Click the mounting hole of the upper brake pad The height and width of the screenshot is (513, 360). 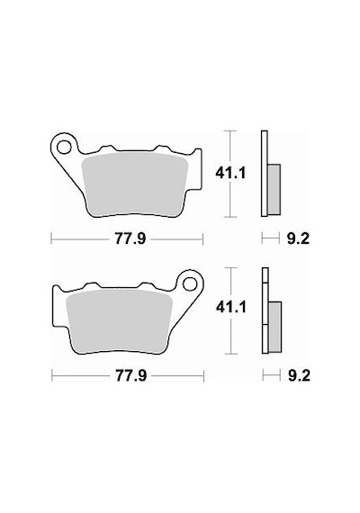(64, 147)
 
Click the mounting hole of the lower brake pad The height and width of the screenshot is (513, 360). (190, 283)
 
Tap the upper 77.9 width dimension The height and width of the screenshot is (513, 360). (130, 239)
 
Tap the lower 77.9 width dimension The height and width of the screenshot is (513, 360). (130, 376)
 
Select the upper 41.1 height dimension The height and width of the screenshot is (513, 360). (230, 174)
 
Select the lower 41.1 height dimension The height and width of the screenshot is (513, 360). (230, 308)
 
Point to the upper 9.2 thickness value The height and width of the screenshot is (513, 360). (298, 239)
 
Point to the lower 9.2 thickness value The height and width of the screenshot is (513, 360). (299, 376)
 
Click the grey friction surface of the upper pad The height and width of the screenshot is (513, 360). (134, 184)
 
